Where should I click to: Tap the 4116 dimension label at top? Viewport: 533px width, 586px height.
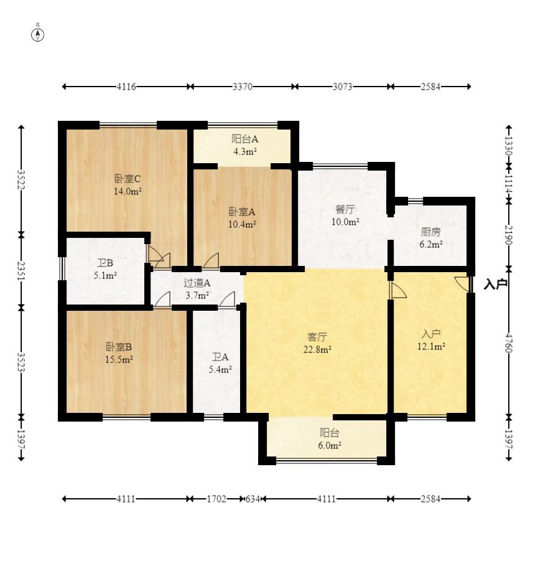[x=126, y=87]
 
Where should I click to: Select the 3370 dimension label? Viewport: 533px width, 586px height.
[x=242, y=87]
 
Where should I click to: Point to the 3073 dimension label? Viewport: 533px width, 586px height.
[x=342, y=87]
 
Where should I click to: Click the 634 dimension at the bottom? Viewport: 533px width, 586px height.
[x=252, y=499]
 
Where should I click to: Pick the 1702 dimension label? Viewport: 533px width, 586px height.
[x=216, y=499]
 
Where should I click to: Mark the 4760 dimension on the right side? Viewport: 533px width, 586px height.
[x=509, y=343]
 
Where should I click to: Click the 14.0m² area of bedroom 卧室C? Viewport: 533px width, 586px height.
[x=127, y=191]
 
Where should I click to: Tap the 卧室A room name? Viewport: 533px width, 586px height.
[x=242, y=212]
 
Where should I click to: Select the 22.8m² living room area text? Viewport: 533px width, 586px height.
[x=317, y=349]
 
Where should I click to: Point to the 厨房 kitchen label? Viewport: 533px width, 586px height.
[x=431, y=232]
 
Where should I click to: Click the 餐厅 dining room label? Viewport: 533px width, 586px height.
[x=345, y=209]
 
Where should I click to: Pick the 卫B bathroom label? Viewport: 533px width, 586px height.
[x=105, y=263]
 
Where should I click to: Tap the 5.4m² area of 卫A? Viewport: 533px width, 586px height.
[x=220, y=370]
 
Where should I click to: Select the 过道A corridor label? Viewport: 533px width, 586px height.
[x=197, y=283]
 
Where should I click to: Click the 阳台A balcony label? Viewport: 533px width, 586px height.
[x=245, y=139]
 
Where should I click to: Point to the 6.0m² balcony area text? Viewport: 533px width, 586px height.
[x=330, y=445]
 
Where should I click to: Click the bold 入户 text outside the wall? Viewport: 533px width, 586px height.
[x=495, y=285]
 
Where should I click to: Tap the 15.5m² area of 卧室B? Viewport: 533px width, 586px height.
[x=119, y=359]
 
